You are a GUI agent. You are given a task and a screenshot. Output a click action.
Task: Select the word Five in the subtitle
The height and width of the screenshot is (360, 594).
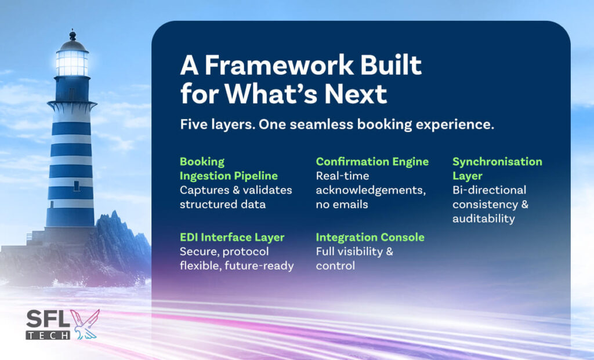coord(193,124)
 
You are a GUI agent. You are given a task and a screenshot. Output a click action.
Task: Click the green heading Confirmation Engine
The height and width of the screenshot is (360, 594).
coord(372,162)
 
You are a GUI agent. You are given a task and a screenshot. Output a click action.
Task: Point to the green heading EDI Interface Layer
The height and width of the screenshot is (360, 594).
coord(232,237)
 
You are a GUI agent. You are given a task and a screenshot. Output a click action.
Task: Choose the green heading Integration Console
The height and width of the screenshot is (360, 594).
coord(370,237)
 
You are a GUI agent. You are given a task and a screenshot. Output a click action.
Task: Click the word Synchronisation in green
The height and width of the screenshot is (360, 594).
coord(497,162)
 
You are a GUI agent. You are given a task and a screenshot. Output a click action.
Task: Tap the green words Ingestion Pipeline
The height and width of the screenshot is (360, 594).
coord(229,176)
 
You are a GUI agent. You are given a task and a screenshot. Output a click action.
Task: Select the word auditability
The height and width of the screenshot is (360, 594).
coord(483,219)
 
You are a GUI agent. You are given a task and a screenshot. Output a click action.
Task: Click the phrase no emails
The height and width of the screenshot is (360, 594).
coord(342,205)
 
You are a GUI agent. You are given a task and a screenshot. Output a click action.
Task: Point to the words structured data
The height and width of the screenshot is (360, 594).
coord(222,205)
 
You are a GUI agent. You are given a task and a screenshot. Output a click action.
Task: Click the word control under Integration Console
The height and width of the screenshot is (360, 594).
coord(335,266)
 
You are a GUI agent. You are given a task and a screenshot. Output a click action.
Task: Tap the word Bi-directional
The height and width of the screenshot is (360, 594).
coord(489,190)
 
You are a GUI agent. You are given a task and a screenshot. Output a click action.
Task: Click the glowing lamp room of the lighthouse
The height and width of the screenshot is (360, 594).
coord(72,63)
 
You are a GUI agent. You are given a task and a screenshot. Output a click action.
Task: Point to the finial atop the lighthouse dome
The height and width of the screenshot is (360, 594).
coord(73,35)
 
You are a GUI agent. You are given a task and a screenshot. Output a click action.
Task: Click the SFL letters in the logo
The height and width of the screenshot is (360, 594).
coord(48,319)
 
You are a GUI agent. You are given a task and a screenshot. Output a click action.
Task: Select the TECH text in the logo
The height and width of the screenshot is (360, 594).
coord(48,335)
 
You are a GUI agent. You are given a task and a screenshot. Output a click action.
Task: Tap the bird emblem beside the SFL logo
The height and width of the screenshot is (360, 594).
coord(85,325)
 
